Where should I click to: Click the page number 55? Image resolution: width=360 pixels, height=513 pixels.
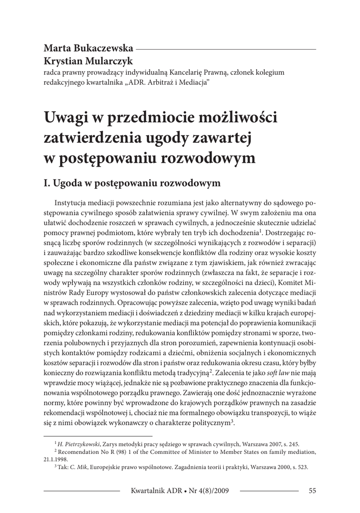coord(312,490)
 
